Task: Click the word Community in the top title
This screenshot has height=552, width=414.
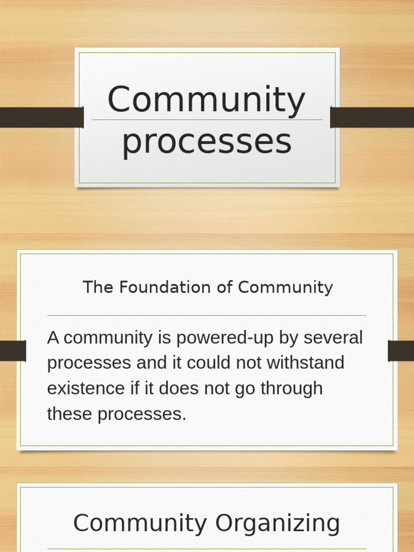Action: [206, 100]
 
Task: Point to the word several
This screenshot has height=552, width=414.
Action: [333, 338]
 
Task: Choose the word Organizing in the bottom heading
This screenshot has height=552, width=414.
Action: [278, 523]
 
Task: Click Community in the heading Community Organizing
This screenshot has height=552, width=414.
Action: [140, 523]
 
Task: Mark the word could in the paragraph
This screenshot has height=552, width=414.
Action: [207, 363]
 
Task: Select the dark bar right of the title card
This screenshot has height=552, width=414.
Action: [372, 118]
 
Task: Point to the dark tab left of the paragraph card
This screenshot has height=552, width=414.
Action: [13, 351]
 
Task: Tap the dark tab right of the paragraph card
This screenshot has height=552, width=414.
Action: [401, 351]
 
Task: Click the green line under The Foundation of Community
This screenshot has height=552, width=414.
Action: [207, 315]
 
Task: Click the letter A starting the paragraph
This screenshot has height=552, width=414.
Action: [53, 338]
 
